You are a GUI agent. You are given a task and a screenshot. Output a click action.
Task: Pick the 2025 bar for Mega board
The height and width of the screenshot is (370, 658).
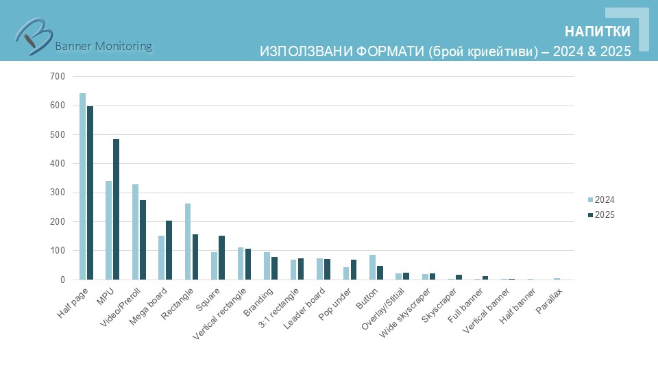169,250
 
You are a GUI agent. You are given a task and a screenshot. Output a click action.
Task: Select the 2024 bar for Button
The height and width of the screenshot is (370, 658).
373,267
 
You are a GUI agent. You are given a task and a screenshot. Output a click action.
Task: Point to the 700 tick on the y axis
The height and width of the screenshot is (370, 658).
58,77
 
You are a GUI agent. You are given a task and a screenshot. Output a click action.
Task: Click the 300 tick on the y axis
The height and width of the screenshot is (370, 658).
58,193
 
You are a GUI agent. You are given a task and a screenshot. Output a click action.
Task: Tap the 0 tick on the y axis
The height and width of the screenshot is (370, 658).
62,280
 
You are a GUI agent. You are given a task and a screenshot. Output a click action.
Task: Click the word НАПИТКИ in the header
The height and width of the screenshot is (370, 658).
597,32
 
